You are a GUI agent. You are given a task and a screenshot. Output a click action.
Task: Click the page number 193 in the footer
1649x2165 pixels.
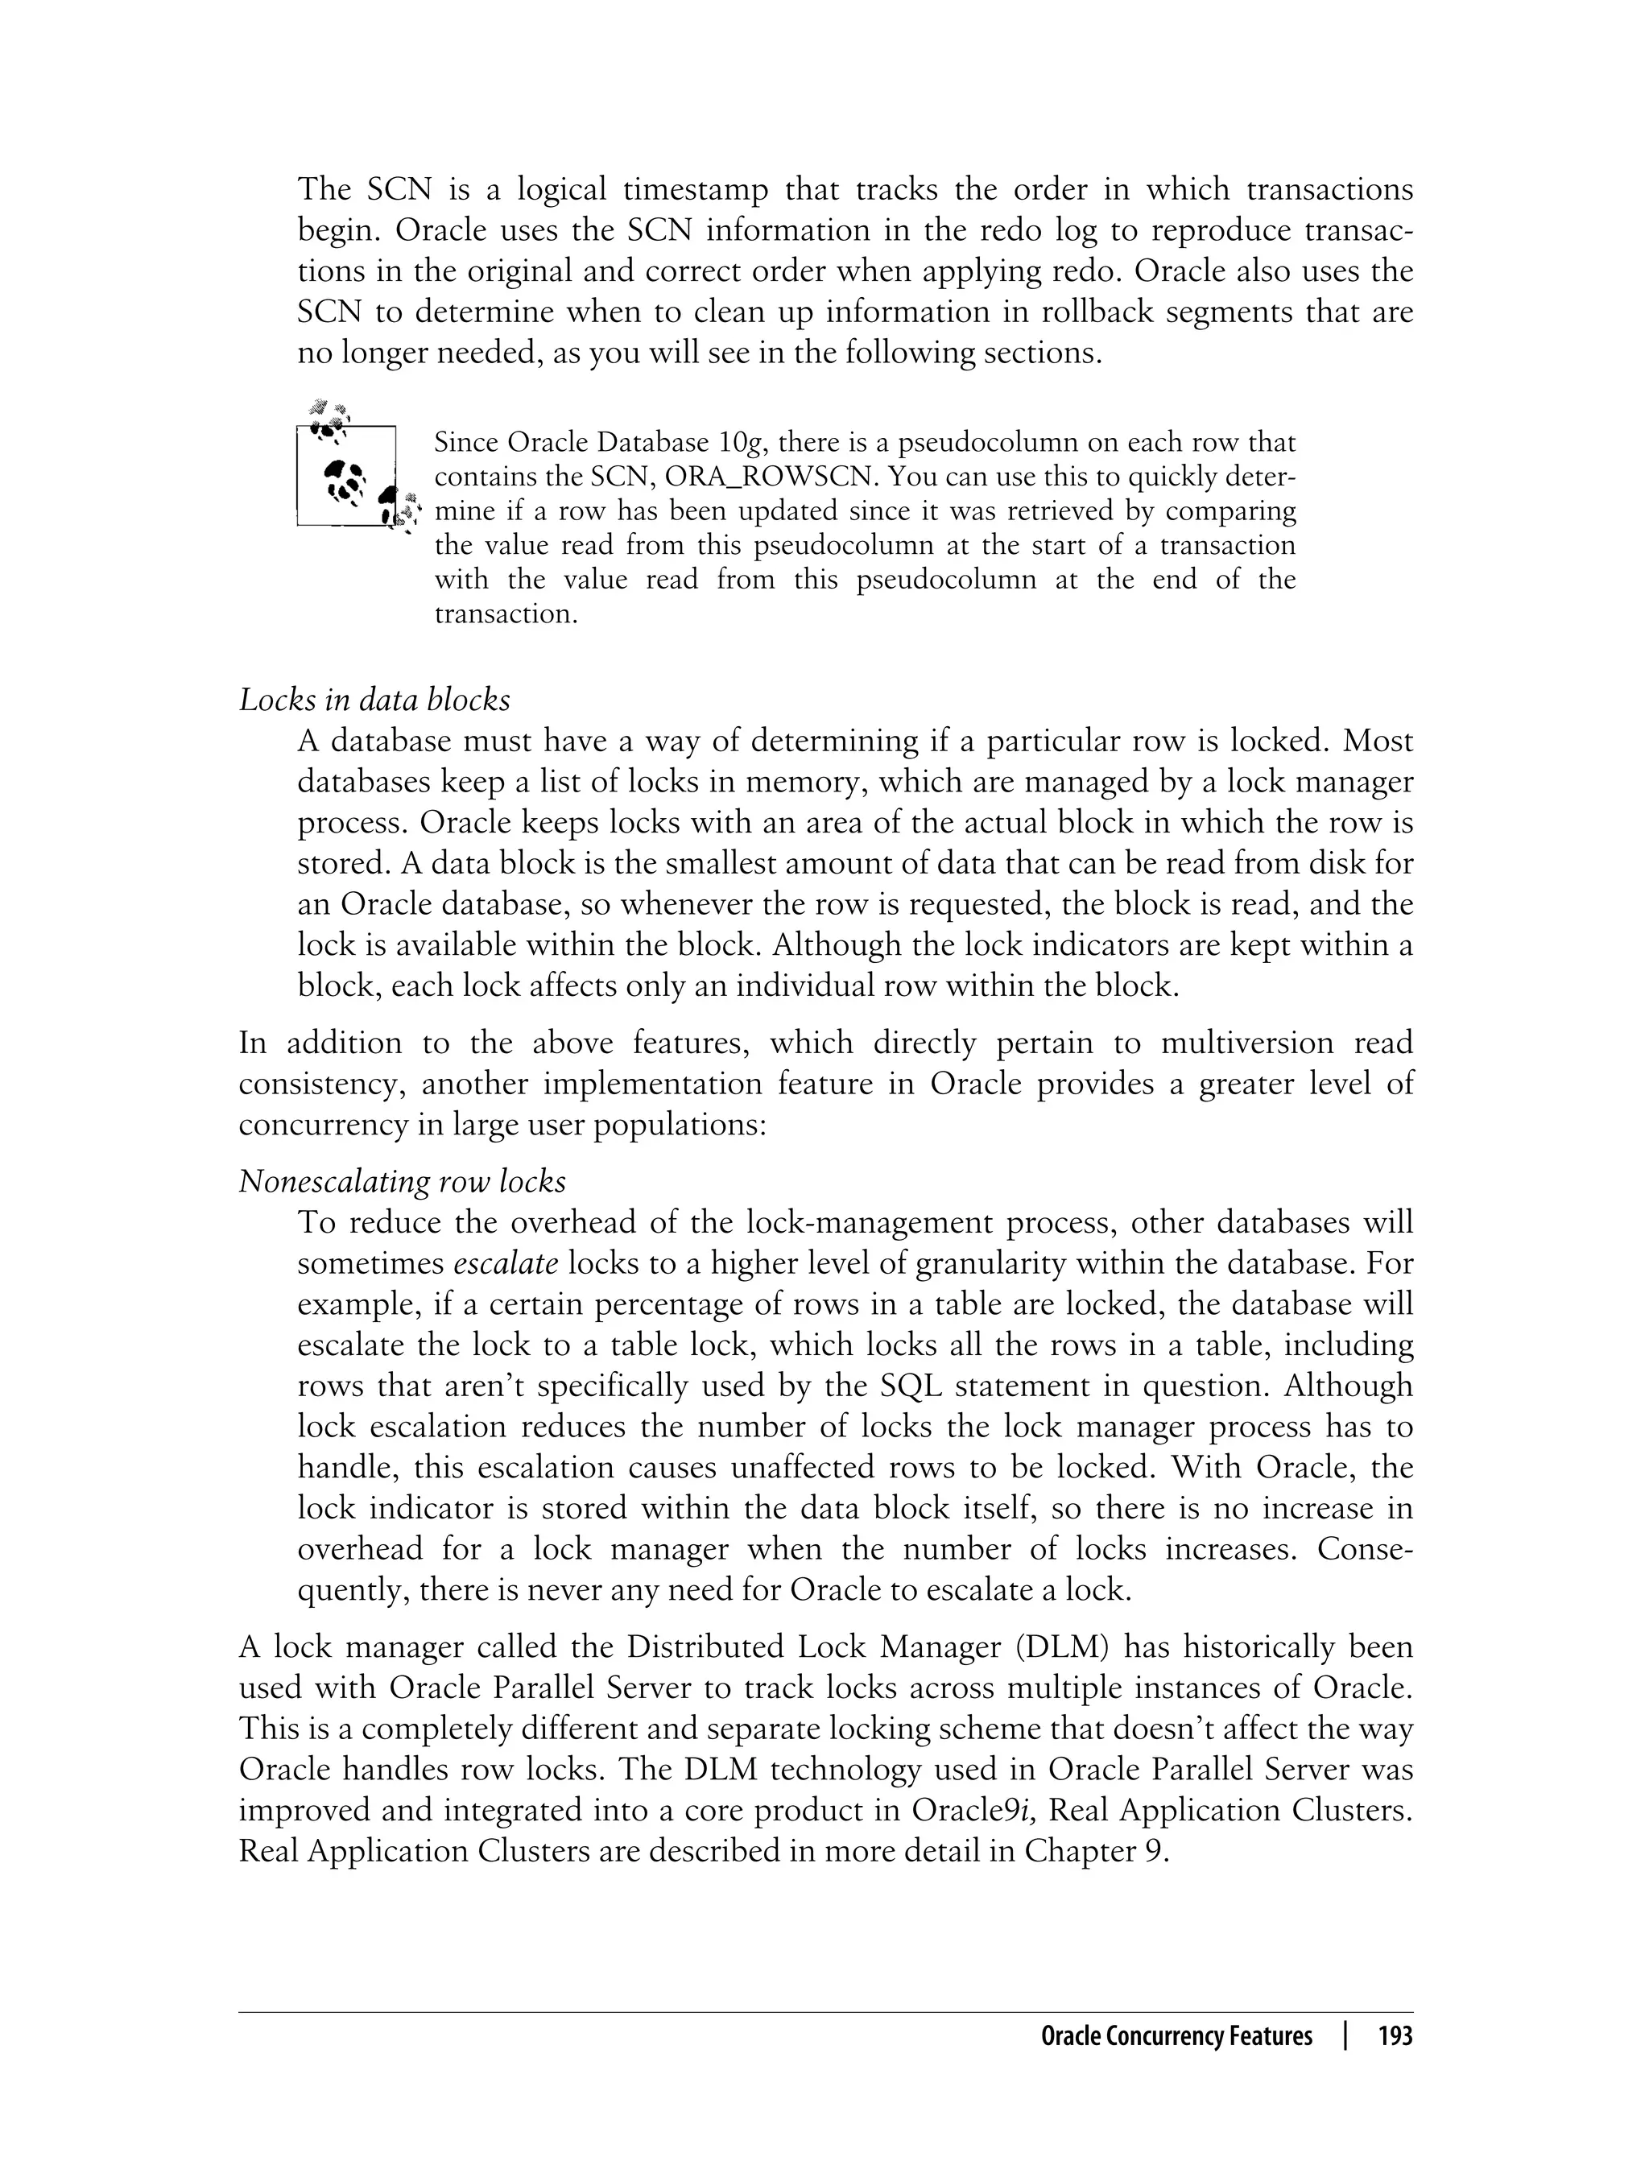[1395, 2036]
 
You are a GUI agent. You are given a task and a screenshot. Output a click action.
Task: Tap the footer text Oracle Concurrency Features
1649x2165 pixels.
[1176, 2036]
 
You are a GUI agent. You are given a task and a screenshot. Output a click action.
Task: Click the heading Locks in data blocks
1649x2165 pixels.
[374, 700]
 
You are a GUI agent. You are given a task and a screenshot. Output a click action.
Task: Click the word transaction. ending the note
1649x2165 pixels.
[506, 614]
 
